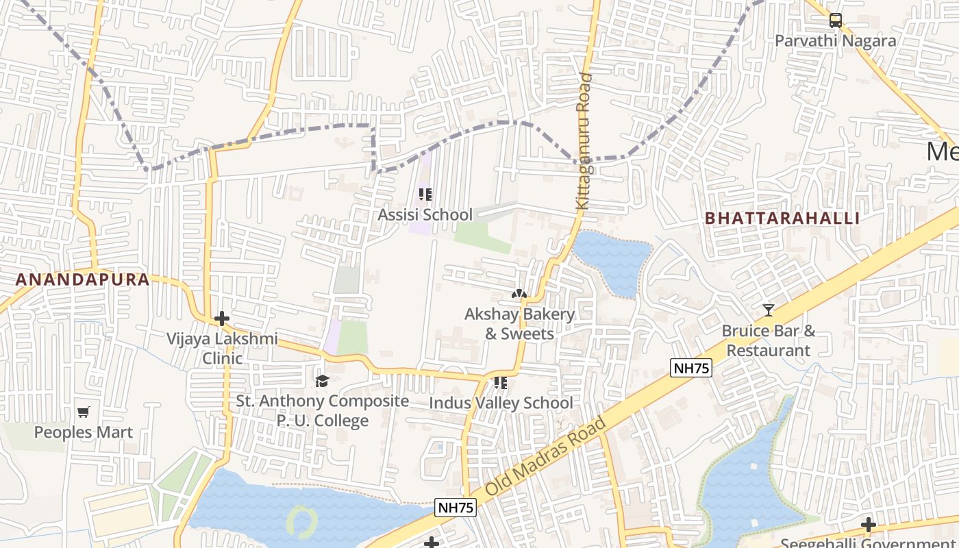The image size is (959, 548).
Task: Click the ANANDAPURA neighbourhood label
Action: pyautogui.click(x=82, y=279)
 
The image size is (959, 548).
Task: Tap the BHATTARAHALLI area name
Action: pyautogui.click(x=782, y=219)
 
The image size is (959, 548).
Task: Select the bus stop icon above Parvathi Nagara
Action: pyautogui.click(x=835, y=21)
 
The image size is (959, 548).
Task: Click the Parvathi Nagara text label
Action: pyautogui.click(x=835, y=41)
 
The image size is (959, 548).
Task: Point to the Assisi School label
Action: pyautogui.click(x=425, y=214)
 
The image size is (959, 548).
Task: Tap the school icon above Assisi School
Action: pyautogui.click(x=425, y=195)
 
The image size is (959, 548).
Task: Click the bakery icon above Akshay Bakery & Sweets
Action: pyautogui.click(x=519, y=295)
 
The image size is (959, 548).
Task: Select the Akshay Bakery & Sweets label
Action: pyautogui.click(x=519, y=324)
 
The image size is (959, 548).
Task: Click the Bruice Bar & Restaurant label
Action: pyautogui.click(x=768, y=340)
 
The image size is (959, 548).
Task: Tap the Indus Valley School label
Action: pyautogui.click(x=501, y=403)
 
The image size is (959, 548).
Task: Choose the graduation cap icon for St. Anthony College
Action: pyautogui.click(x=322, y=382)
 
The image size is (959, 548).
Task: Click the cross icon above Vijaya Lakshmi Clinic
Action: pyautogui.click(x=221, y=319)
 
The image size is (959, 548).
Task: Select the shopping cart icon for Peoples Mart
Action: pyautogui.click(x=84, y=412)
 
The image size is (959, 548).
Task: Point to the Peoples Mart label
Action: pyautogui.click(x=84, y=432)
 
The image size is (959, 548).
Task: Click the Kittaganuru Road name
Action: pyautogui.click(x=584, y=140)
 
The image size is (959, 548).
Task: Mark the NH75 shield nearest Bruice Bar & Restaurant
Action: pyautogui.click(x=691, y=368)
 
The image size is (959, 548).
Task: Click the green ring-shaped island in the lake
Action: pyautogui.click(x=301, y=521)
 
